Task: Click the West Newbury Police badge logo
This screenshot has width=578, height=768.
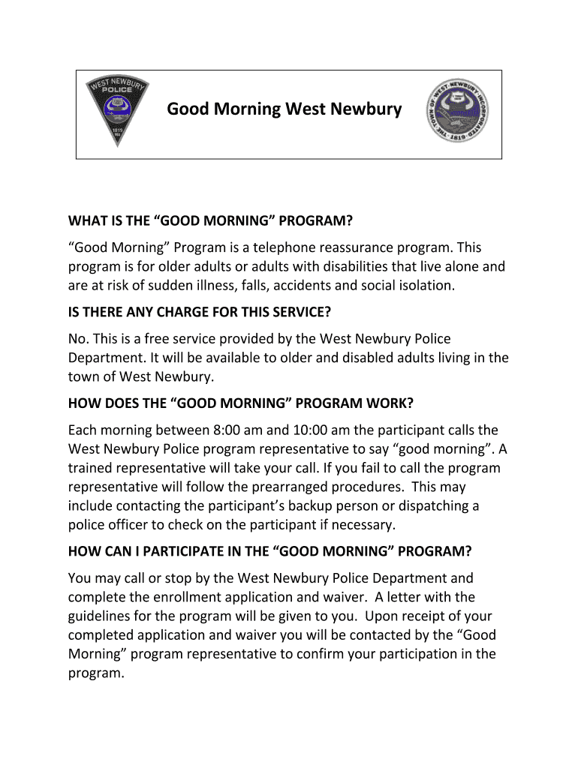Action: click(x=116, y=113)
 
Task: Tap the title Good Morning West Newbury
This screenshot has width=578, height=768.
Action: click(x=284, y=109)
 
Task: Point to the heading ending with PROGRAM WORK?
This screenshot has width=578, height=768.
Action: click(x=240, y=403)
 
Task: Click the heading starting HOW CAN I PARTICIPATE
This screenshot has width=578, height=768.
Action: click(x=269, y=552)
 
